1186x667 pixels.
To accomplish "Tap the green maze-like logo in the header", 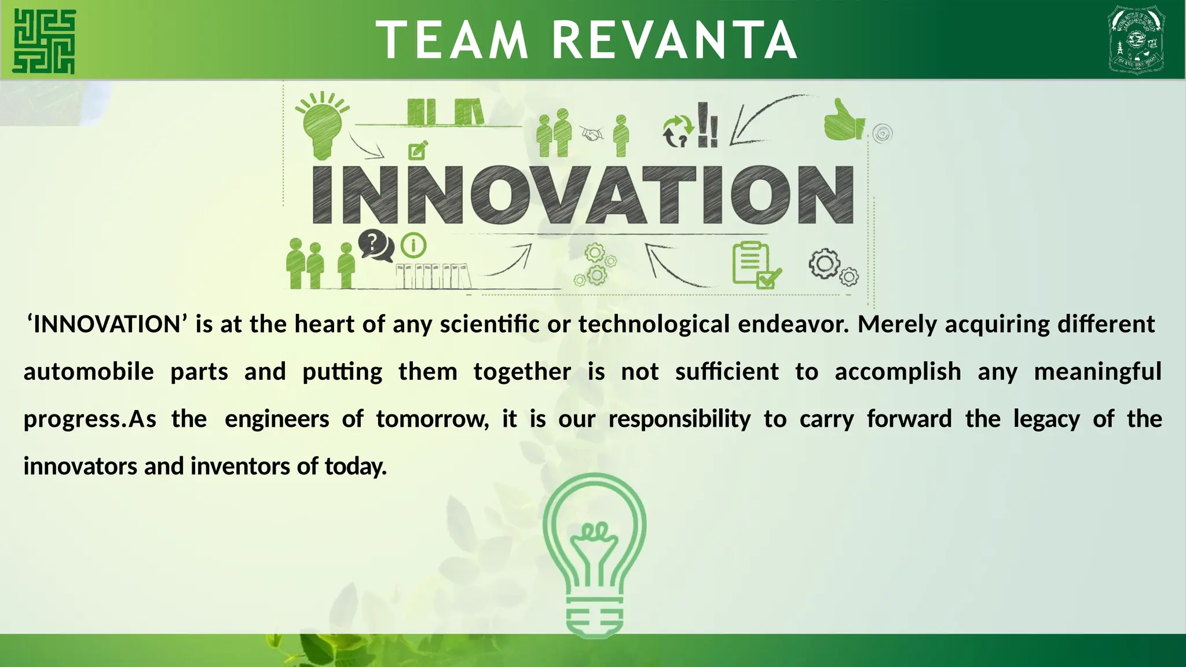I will pos(44,42).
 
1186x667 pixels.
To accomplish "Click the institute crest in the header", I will pos(1136,39).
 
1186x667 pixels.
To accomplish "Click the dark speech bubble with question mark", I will pos(375,245).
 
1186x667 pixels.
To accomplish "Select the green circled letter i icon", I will pos(413,245).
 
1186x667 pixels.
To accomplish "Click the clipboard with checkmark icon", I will pos(755,265).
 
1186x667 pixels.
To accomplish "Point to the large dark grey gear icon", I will pos(825,264).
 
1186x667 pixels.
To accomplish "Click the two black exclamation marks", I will pos(708,125).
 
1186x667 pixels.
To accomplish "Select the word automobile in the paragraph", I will pos(89,372).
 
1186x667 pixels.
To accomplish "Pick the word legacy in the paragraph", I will pos(1046,419).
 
